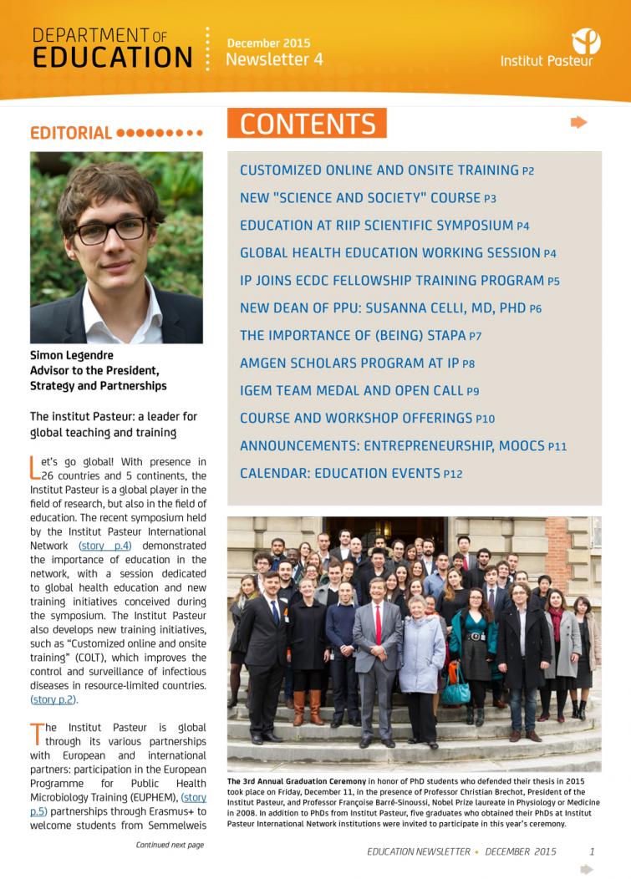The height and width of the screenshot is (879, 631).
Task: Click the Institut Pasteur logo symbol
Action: coord(586,40)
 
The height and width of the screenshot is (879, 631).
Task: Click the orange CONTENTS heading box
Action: coord(307,124)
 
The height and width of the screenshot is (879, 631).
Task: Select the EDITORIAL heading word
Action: coord(71,133)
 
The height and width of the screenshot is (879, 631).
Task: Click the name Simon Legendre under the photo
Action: coord(72,356)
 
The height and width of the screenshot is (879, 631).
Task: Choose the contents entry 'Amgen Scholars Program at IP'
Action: coord(357,363)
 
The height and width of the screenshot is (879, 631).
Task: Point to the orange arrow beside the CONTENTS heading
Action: coord(578,123)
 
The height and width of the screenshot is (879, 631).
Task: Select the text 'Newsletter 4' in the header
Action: coord(274,59)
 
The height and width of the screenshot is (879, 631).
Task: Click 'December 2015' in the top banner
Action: coord(268,43)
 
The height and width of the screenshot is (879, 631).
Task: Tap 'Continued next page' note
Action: coord(170,845)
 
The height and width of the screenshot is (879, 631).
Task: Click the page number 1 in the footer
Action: coord(592,851)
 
